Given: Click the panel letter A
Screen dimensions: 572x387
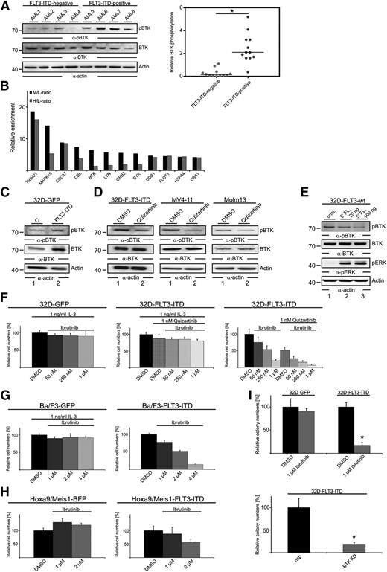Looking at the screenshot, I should coord(5,6).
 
